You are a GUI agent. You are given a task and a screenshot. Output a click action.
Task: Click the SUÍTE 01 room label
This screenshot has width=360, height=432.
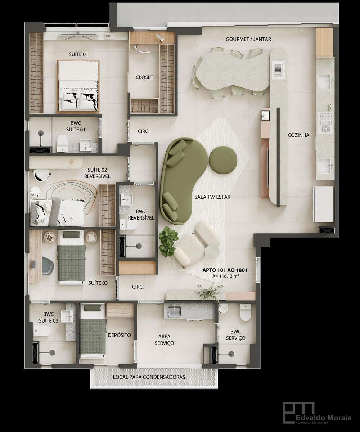click(x=78, y=54)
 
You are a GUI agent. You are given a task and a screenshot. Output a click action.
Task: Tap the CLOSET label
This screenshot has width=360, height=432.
click(x=144, y=77)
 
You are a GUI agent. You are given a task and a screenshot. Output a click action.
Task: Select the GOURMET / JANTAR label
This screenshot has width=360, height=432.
click(x=248, y=39)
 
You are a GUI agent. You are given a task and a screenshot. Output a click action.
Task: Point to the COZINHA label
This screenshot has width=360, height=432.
click(x=298, y=135)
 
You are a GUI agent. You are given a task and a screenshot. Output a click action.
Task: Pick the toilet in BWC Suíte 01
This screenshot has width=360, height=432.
click(x=62, y=143)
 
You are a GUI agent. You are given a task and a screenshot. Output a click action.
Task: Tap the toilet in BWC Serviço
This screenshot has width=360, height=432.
click(x=246, y=312)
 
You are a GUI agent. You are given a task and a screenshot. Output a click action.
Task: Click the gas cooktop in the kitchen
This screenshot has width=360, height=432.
click(x=326, y=123)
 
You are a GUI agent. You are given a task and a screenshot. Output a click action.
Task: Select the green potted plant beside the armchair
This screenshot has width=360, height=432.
click(x=168, y=241)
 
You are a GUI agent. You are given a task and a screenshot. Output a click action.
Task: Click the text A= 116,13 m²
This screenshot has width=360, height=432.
click(x=226, y=276)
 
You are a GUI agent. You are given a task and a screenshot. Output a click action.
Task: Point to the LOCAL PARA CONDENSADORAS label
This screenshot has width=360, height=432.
click(x=149, y=377)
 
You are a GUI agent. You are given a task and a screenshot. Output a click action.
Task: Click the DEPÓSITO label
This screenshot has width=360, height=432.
click(x=119, y=335)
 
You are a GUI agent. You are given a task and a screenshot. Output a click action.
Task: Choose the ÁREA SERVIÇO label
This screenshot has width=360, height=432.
click(x=164, y=340)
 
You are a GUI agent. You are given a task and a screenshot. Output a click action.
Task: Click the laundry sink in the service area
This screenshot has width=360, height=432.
click(x=174, y=311)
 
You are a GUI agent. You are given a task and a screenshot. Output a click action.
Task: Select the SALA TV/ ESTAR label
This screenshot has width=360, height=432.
click(x=212, y=197)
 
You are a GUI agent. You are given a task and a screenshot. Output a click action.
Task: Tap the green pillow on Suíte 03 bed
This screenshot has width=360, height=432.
click(x=71, y=234)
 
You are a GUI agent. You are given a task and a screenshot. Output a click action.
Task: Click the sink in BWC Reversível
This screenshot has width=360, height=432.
click(x=127, y=200)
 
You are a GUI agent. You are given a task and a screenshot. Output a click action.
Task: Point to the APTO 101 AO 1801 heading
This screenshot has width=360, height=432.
click(x=225, y=270)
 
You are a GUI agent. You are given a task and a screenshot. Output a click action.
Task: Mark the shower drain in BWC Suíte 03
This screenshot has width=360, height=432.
click(x=52, y=352)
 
